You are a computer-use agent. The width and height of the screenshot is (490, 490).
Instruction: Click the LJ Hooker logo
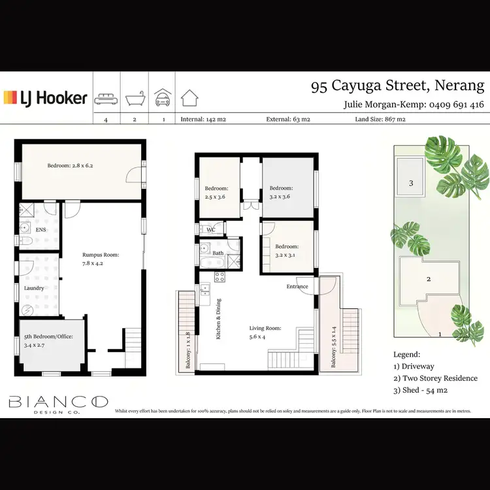[x=46, y=98]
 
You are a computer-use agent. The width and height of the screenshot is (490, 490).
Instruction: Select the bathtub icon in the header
[x=134, y=99]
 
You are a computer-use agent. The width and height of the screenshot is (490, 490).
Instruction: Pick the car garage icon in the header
[x=162, y=99]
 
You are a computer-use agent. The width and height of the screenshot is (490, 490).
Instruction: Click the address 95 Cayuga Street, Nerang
[x=397, y=86]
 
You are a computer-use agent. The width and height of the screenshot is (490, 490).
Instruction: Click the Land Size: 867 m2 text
[x=380, y=120]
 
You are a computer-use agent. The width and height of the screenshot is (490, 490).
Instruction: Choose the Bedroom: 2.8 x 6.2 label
[x=70, y=165]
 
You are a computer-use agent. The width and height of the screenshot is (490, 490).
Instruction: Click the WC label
[x=211, y=230]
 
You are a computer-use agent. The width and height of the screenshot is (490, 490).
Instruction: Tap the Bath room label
[x=218, y=253]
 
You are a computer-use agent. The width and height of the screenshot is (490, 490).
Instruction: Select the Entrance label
[x=297, y=287]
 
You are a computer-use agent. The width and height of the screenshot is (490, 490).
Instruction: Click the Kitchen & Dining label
[x=219, y=319]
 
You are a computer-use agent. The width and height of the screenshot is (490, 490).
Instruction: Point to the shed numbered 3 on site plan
[x=411, y=183]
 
